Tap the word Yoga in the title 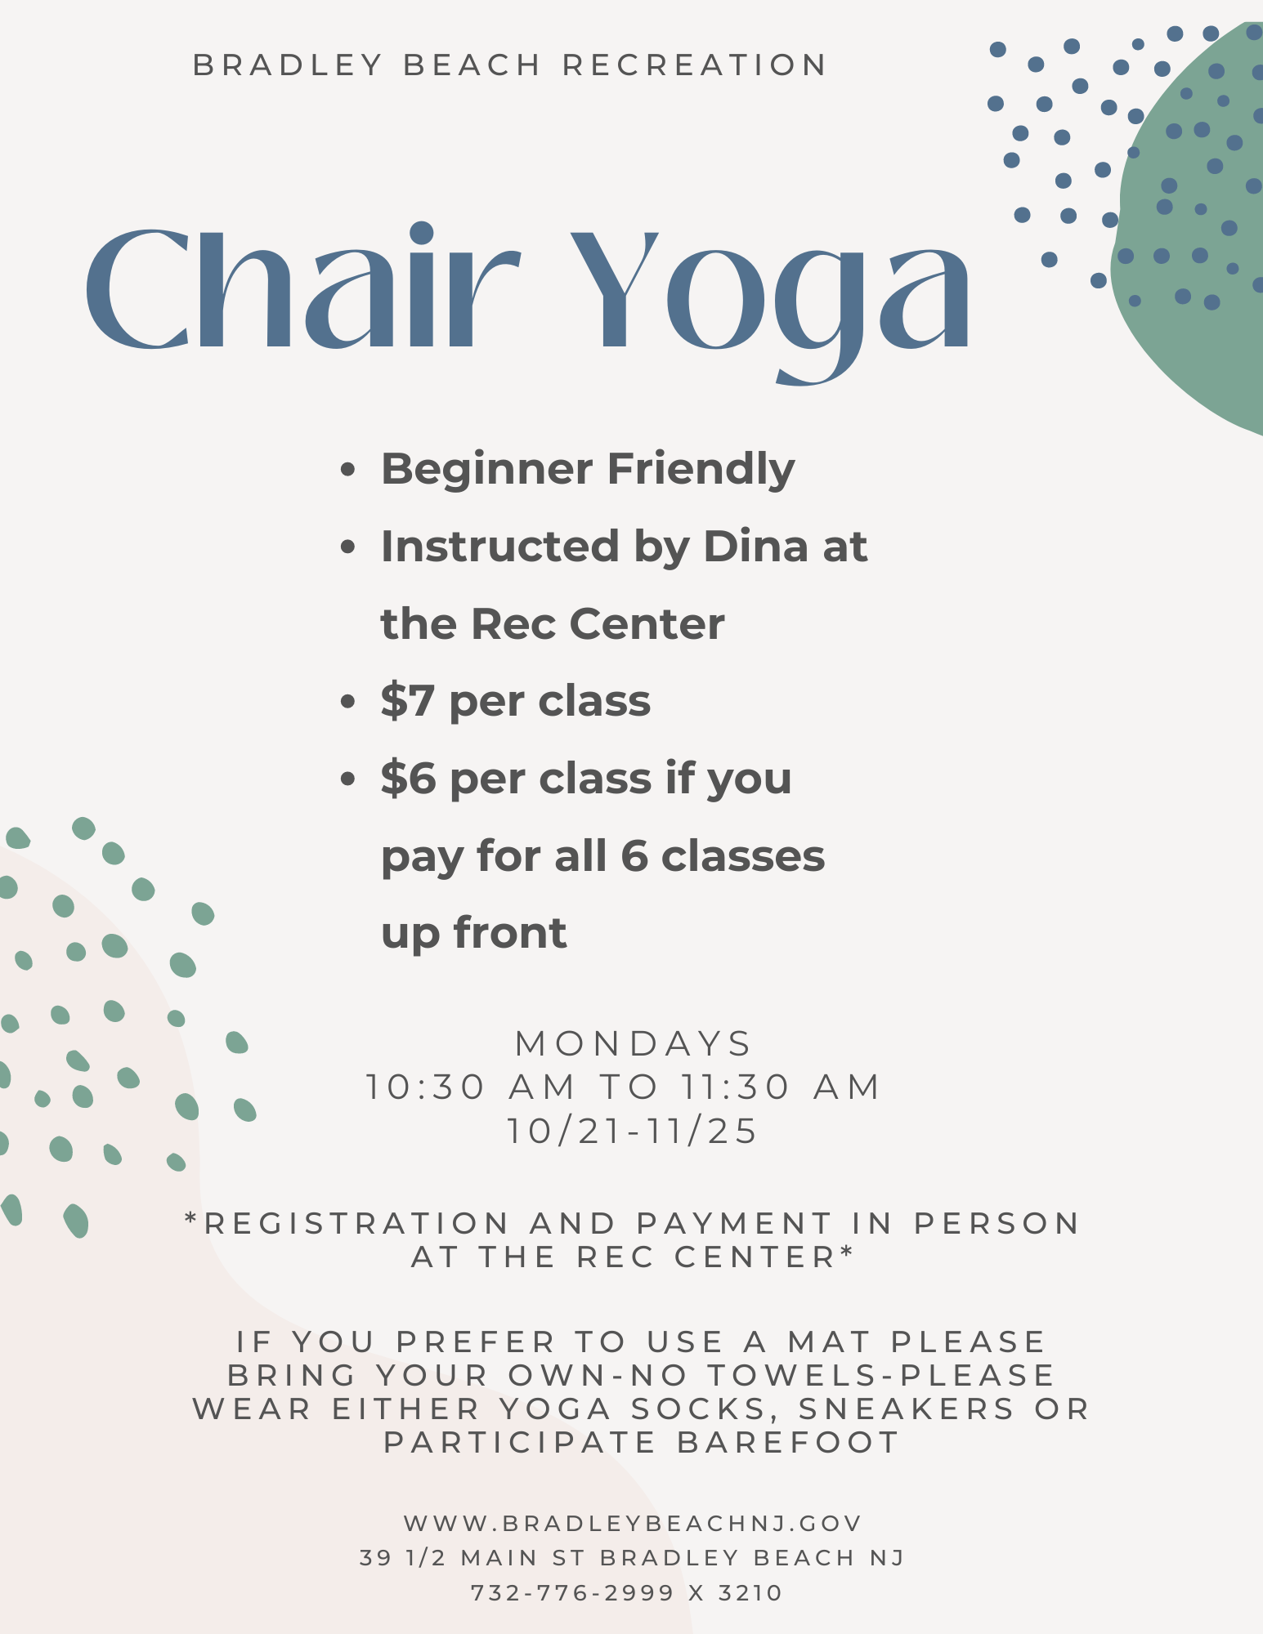(770, 302)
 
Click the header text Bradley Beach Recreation (510, 65)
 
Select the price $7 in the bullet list (407, 701)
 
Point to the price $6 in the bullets (408, 779)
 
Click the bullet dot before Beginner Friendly (348, 471)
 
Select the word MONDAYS (633, 1043)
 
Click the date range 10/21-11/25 (633, 1132)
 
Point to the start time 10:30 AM (470, 1087)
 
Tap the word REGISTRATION (356, 1223)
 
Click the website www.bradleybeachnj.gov (633, 1523)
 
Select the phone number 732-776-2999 (573, 1592)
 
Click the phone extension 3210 (750, 1592)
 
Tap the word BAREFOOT (788, 1442)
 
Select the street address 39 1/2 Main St (472, 1558)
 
